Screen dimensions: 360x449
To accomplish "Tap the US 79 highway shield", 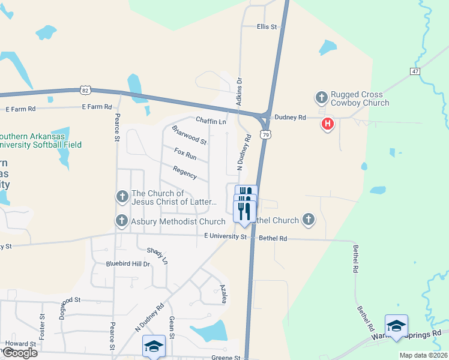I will point(265,136).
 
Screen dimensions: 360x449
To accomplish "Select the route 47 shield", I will point(415,71).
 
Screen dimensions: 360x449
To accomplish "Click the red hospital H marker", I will point(328,124).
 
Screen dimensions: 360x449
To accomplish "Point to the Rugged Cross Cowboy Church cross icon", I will point(321,97).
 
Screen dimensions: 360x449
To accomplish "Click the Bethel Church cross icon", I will point(309,220).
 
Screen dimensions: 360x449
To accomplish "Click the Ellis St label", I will point(267,27).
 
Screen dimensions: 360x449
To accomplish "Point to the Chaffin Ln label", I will point(210,121).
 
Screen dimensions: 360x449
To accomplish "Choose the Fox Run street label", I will point(185,154).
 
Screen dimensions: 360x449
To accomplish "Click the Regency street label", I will point(184,173).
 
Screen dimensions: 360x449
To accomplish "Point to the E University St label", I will point(225,237).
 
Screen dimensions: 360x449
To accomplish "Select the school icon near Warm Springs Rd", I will point(396,326).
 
